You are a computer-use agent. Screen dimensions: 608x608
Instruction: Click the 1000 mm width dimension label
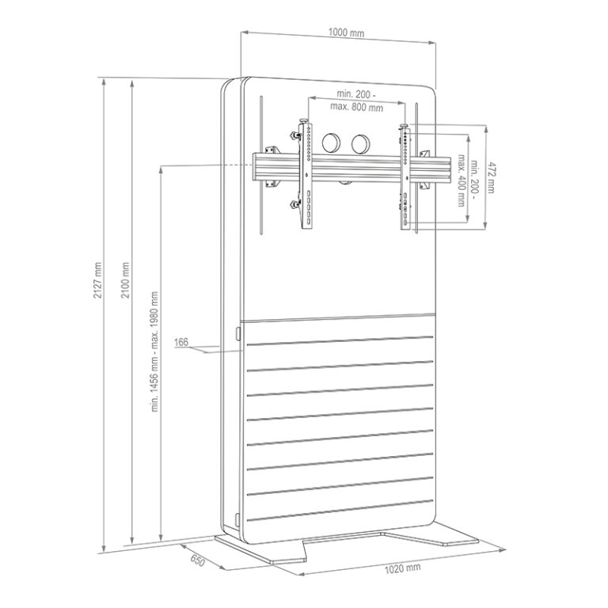point(346,32)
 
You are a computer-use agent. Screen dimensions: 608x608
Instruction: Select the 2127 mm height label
point(97,280)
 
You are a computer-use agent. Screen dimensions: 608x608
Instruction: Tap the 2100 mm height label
point(125,280)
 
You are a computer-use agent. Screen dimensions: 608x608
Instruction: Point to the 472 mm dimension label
point(491,177)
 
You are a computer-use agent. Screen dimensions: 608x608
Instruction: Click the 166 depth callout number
point(181,342)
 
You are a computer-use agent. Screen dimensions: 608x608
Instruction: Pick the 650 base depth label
point(197,560)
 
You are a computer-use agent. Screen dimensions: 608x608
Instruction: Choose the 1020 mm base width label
point(402,568)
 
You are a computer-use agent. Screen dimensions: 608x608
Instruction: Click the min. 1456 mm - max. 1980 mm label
point(154,351)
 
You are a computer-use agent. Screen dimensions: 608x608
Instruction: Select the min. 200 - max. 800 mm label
point(356,101)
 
